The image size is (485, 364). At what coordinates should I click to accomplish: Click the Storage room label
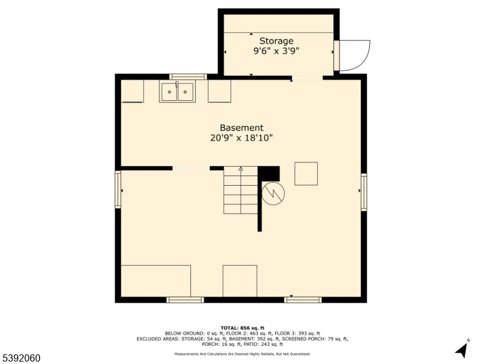tap(276, 41)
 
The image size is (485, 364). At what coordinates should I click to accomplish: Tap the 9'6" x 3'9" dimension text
tap(276, 52)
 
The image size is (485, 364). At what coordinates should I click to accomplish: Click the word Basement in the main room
tap(241, 128)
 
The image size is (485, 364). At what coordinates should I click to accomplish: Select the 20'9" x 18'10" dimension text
tap(241, 138)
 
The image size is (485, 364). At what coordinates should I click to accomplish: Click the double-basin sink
tap(177, 92)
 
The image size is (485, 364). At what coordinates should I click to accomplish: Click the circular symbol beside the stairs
tap(272, 194)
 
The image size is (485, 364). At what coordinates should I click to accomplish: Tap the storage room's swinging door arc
tap(354, 55)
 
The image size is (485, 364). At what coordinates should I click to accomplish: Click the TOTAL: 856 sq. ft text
tap(242, 328)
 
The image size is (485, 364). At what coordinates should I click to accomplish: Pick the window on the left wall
tap(118, 190)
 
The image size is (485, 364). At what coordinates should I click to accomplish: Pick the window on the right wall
tap(364, 192)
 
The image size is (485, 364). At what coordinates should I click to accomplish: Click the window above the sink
tap(188, 77)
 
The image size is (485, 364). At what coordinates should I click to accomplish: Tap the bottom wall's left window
tap(185, 299)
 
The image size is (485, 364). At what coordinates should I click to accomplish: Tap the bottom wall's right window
tap(303, 299)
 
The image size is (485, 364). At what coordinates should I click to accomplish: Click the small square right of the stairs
tap(306, 174)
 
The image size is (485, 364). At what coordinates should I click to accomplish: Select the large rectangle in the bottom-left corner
tap(156, 280)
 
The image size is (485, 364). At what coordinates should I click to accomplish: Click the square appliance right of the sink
tap(219, 91)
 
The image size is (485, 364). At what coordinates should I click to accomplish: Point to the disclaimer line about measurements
tap(242, 354)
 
